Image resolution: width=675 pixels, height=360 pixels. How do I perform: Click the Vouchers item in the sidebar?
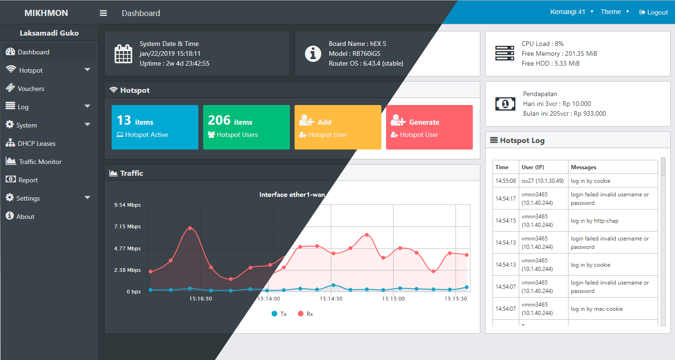[x=30, y=89]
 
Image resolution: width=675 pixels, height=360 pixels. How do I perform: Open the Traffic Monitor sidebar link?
[x=40, y=162]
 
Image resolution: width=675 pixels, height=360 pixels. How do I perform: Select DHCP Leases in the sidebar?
[x=36, y=143]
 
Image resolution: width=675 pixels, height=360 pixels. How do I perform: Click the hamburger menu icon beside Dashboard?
[x=103, y=13]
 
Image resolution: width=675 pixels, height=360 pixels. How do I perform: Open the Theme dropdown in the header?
[x=614, y=12]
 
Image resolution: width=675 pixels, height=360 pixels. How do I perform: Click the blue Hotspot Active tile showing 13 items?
[x=155, y=127]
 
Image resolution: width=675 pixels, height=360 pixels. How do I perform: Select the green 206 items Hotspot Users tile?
[x=246, y=127]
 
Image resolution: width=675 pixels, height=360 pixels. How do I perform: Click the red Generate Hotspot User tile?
[x=429, y=127]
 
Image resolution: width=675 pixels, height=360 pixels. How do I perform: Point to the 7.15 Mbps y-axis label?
[x=127, y=226]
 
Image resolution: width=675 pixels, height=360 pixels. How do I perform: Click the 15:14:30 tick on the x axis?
[x=331, y=298]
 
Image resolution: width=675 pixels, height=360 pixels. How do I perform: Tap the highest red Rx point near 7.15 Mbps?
[x=190, y=228]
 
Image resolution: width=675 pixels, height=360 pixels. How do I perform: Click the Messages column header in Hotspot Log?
[x=584, y=167]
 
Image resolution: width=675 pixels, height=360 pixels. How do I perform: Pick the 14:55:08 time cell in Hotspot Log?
[x=506, y=180]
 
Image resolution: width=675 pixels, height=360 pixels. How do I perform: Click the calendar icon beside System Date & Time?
[x=123, y=53]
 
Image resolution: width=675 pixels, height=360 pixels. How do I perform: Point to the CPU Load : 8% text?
[x=542, y=44]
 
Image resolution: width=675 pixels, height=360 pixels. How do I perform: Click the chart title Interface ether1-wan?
[x=292, y=195]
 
